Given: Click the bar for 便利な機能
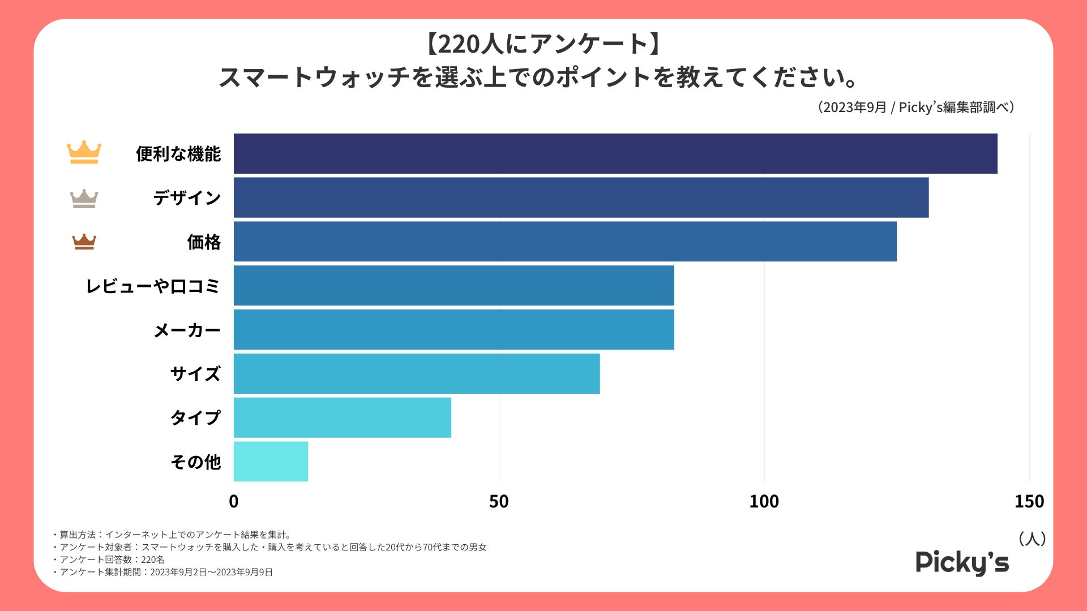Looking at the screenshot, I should click(x=615, y=153).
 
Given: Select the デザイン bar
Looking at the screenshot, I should click(x=581, y=197).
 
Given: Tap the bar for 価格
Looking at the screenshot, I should click(x=565, y=242).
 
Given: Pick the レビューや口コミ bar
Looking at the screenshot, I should click(x=453, y=285).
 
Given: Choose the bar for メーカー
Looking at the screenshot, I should click(x=453, y=329).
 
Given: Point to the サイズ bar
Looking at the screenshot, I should click(x=417, y=373).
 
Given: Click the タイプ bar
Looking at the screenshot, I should click(x=343, y=418).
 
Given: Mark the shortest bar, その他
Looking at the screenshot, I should click(x=271, y=462).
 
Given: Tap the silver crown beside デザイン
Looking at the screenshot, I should click(x=84, y=198).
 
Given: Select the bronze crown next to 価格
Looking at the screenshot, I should click(x=84, y=242).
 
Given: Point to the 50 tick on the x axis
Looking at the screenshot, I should click(x=499, y=501).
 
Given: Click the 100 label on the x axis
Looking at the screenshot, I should click(x=764, y=501).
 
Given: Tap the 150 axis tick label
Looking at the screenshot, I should click(x=1029, y=501).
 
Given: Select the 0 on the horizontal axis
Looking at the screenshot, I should click(x=233, y=501).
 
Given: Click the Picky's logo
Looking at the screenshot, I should click(x=962, y=562).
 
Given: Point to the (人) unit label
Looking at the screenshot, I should click(x=1032, y=538).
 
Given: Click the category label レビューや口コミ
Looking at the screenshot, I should click(x=152, y=286).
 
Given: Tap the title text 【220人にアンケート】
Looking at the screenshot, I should click(x=543, y=44).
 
